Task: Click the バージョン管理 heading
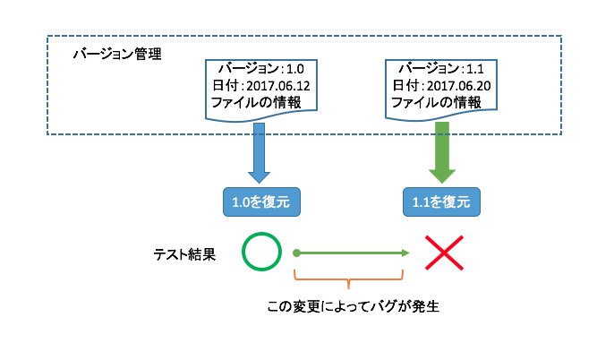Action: pos(116,54)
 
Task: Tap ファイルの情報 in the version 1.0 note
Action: pos(255,102)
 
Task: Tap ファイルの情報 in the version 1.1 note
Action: pos(434,102)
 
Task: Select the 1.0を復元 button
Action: pos(260,201)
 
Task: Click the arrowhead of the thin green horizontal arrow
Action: pos(405,253)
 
